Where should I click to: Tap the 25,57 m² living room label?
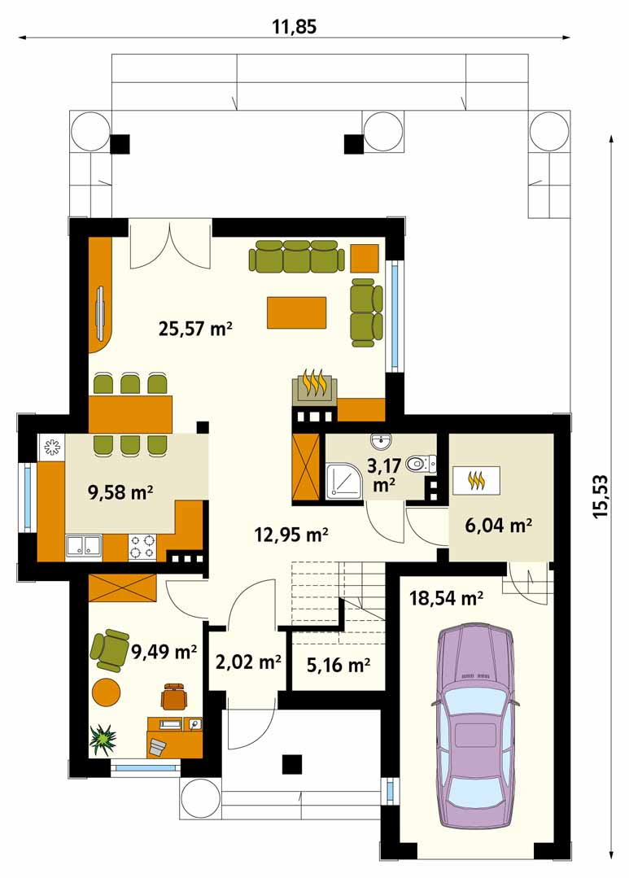coord(195,328)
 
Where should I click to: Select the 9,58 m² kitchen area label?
coord(121,492)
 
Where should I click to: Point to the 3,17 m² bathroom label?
coord(384,474)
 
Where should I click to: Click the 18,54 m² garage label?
coord(447,599)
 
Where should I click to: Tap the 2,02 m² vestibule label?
coord(248,662)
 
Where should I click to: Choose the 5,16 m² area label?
coord(339,665)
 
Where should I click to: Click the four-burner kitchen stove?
coord(142,547)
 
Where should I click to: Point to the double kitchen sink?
coord(83,546)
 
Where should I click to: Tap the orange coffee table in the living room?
coord(297,312)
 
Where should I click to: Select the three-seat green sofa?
coord(296,256)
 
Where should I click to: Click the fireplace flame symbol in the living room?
coord(315,383)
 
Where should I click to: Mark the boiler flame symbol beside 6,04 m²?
coord(476,480)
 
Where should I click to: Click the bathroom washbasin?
coord(381,443)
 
